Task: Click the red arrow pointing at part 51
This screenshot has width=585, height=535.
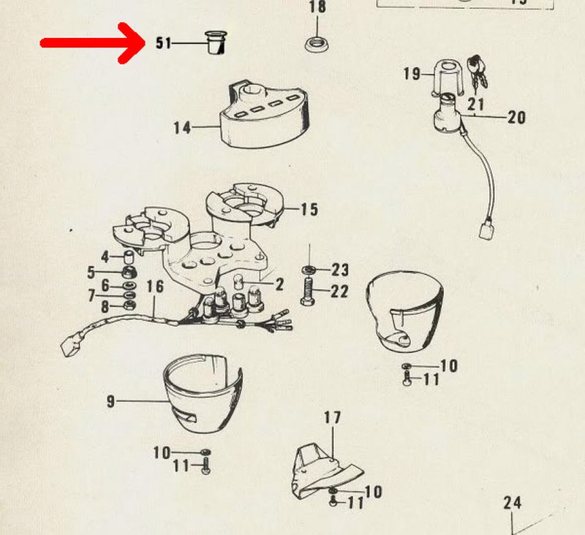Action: pos(94,43)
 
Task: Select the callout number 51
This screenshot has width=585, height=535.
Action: pos(163,43)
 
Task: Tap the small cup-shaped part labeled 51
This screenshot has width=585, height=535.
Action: pos(216,43)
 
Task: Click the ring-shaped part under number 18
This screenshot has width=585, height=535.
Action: pos(317,45)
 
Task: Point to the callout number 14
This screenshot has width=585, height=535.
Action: pos(182,128)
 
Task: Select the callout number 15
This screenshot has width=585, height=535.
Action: pos(309,210)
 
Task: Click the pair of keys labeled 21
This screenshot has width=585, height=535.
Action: pos(477,72)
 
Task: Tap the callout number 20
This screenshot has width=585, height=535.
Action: pos(517,118)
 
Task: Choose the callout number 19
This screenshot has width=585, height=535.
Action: pos(412,74)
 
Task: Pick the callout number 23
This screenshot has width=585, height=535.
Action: pos(340,270)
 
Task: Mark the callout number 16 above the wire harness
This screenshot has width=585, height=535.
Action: pos(155,287)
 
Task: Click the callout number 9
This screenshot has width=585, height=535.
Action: pos(111,401)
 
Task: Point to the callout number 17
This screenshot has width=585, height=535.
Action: pos(332,417)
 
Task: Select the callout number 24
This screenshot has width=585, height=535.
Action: pos(513,503)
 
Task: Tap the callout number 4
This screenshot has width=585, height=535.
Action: pos(105,257)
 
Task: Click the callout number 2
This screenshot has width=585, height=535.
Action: pos(279,285)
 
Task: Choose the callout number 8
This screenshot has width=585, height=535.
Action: pos(105,307)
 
